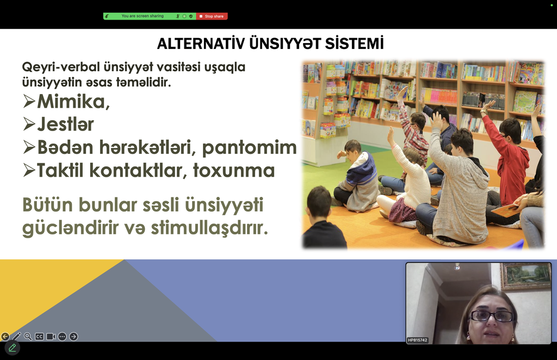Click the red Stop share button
[212, 16]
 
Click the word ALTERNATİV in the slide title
[201, 44]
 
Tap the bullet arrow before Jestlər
[29, 124]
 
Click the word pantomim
[249, 148]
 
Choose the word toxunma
[234, 170]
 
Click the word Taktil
[60, 170]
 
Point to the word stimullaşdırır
[209, 227]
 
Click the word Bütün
[48, 205]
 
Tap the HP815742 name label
[417, 340]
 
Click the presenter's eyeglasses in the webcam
[492, 316]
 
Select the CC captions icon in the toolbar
[39, 337]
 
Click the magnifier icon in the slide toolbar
[28, 336]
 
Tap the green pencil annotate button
[13, 347]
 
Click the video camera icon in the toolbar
[51, 337]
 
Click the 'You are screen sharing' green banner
[150, 16]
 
